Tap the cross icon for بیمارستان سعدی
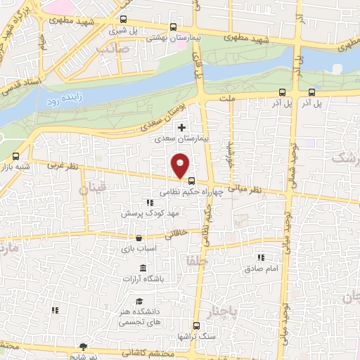pos(182,128)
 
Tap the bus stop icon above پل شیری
pos(124,20)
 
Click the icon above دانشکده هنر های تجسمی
pos(139,300)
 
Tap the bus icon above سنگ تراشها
pos(196,326)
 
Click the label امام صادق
pos(262,269)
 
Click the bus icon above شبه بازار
pos(15,155)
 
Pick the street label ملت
pos(226,101)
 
